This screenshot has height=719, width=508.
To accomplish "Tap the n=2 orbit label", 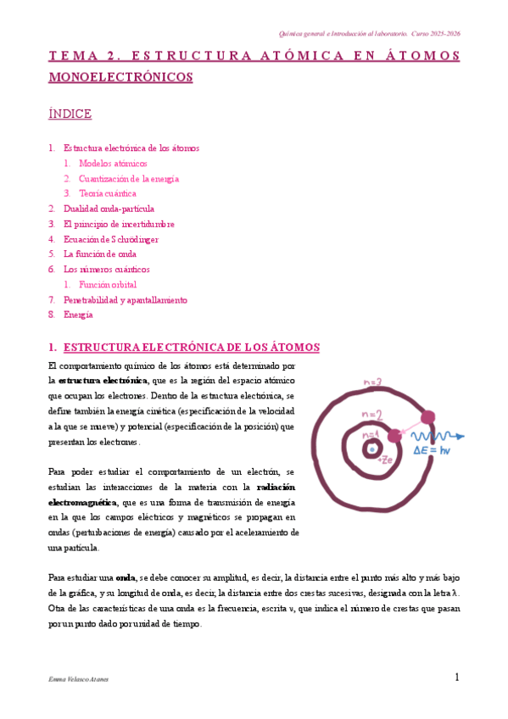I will (372, 415).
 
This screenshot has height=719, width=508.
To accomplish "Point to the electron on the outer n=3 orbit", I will (428, 417).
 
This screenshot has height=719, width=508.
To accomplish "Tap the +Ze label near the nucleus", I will (383, 460).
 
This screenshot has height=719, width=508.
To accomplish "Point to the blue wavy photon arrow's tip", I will (462, 437).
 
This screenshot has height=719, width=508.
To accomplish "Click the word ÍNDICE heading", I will (70, 114).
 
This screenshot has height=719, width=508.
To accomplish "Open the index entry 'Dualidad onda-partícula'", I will (109, 209).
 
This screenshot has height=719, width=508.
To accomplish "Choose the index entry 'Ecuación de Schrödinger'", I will (111, 239).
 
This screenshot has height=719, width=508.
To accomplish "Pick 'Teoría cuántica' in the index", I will (108, 193).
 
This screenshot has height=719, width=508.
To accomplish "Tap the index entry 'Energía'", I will (78, 315).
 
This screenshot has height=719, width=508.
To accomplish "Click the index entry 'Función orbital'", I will (108, 285).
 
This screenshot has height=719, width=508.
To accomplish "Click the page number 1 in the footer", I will (456, 677).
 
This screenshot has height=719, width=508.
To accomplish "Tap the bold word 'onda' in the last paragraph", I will (126, 577).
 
